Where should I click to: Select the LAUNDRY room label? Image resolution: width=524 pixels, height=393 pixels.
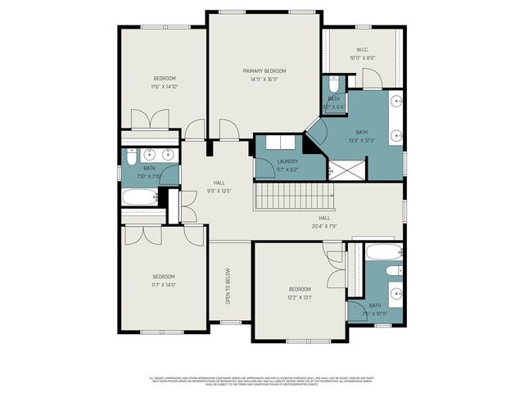[x=287, y=161]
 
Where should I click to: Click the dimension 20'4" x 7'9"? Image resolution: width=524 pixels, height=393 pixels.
[x=324, y=226]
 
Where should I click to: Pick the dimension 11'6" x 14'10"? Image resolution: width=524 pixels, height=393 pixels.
[x=165, y=86]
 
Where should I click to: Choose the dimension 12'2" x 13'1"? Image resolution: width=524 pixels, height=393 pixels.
[x=300, y=297]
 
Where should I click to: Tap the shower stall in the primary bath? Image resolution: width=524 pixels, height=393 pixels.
[x=347, y=169]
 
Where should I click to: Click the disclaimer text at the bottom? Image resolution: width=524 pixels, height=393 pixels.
[x=262, y=380]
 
